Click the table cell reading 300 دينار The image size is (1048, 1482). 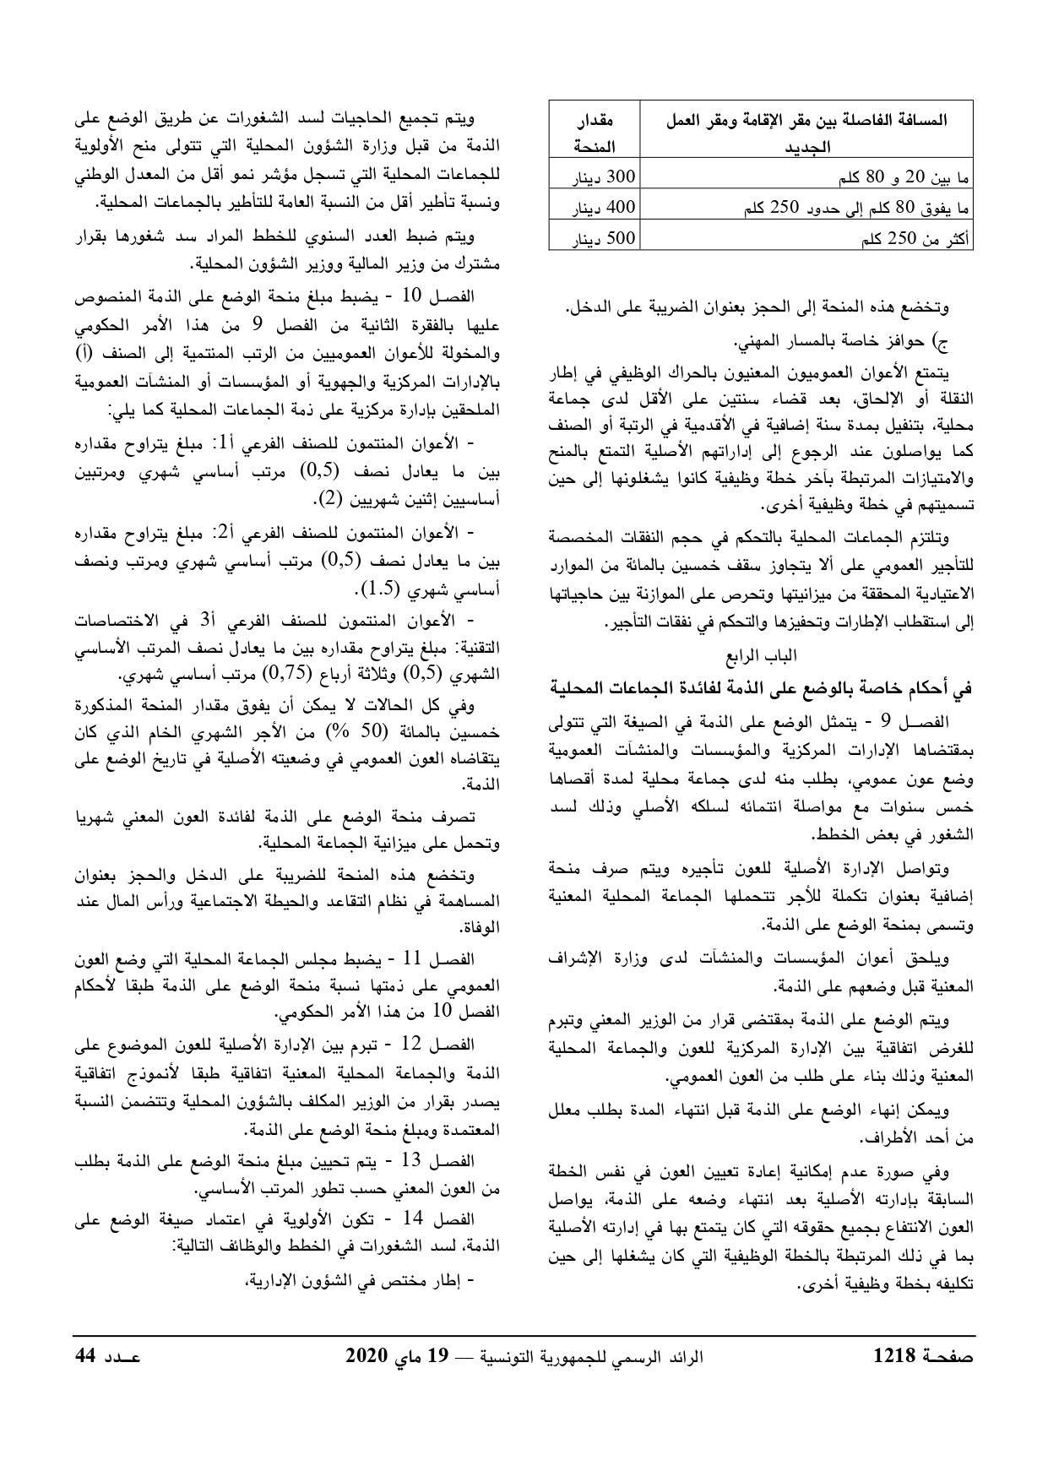point(595,178)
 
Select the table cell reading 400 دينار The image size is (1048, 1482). point(595,208)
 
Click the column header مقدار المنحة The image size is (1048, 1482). point(595,133)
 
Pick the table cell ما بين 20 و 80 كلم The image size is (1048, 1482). point(806,178)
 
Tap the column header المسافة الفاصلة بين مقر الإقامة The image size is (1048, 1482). point(806,133)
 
